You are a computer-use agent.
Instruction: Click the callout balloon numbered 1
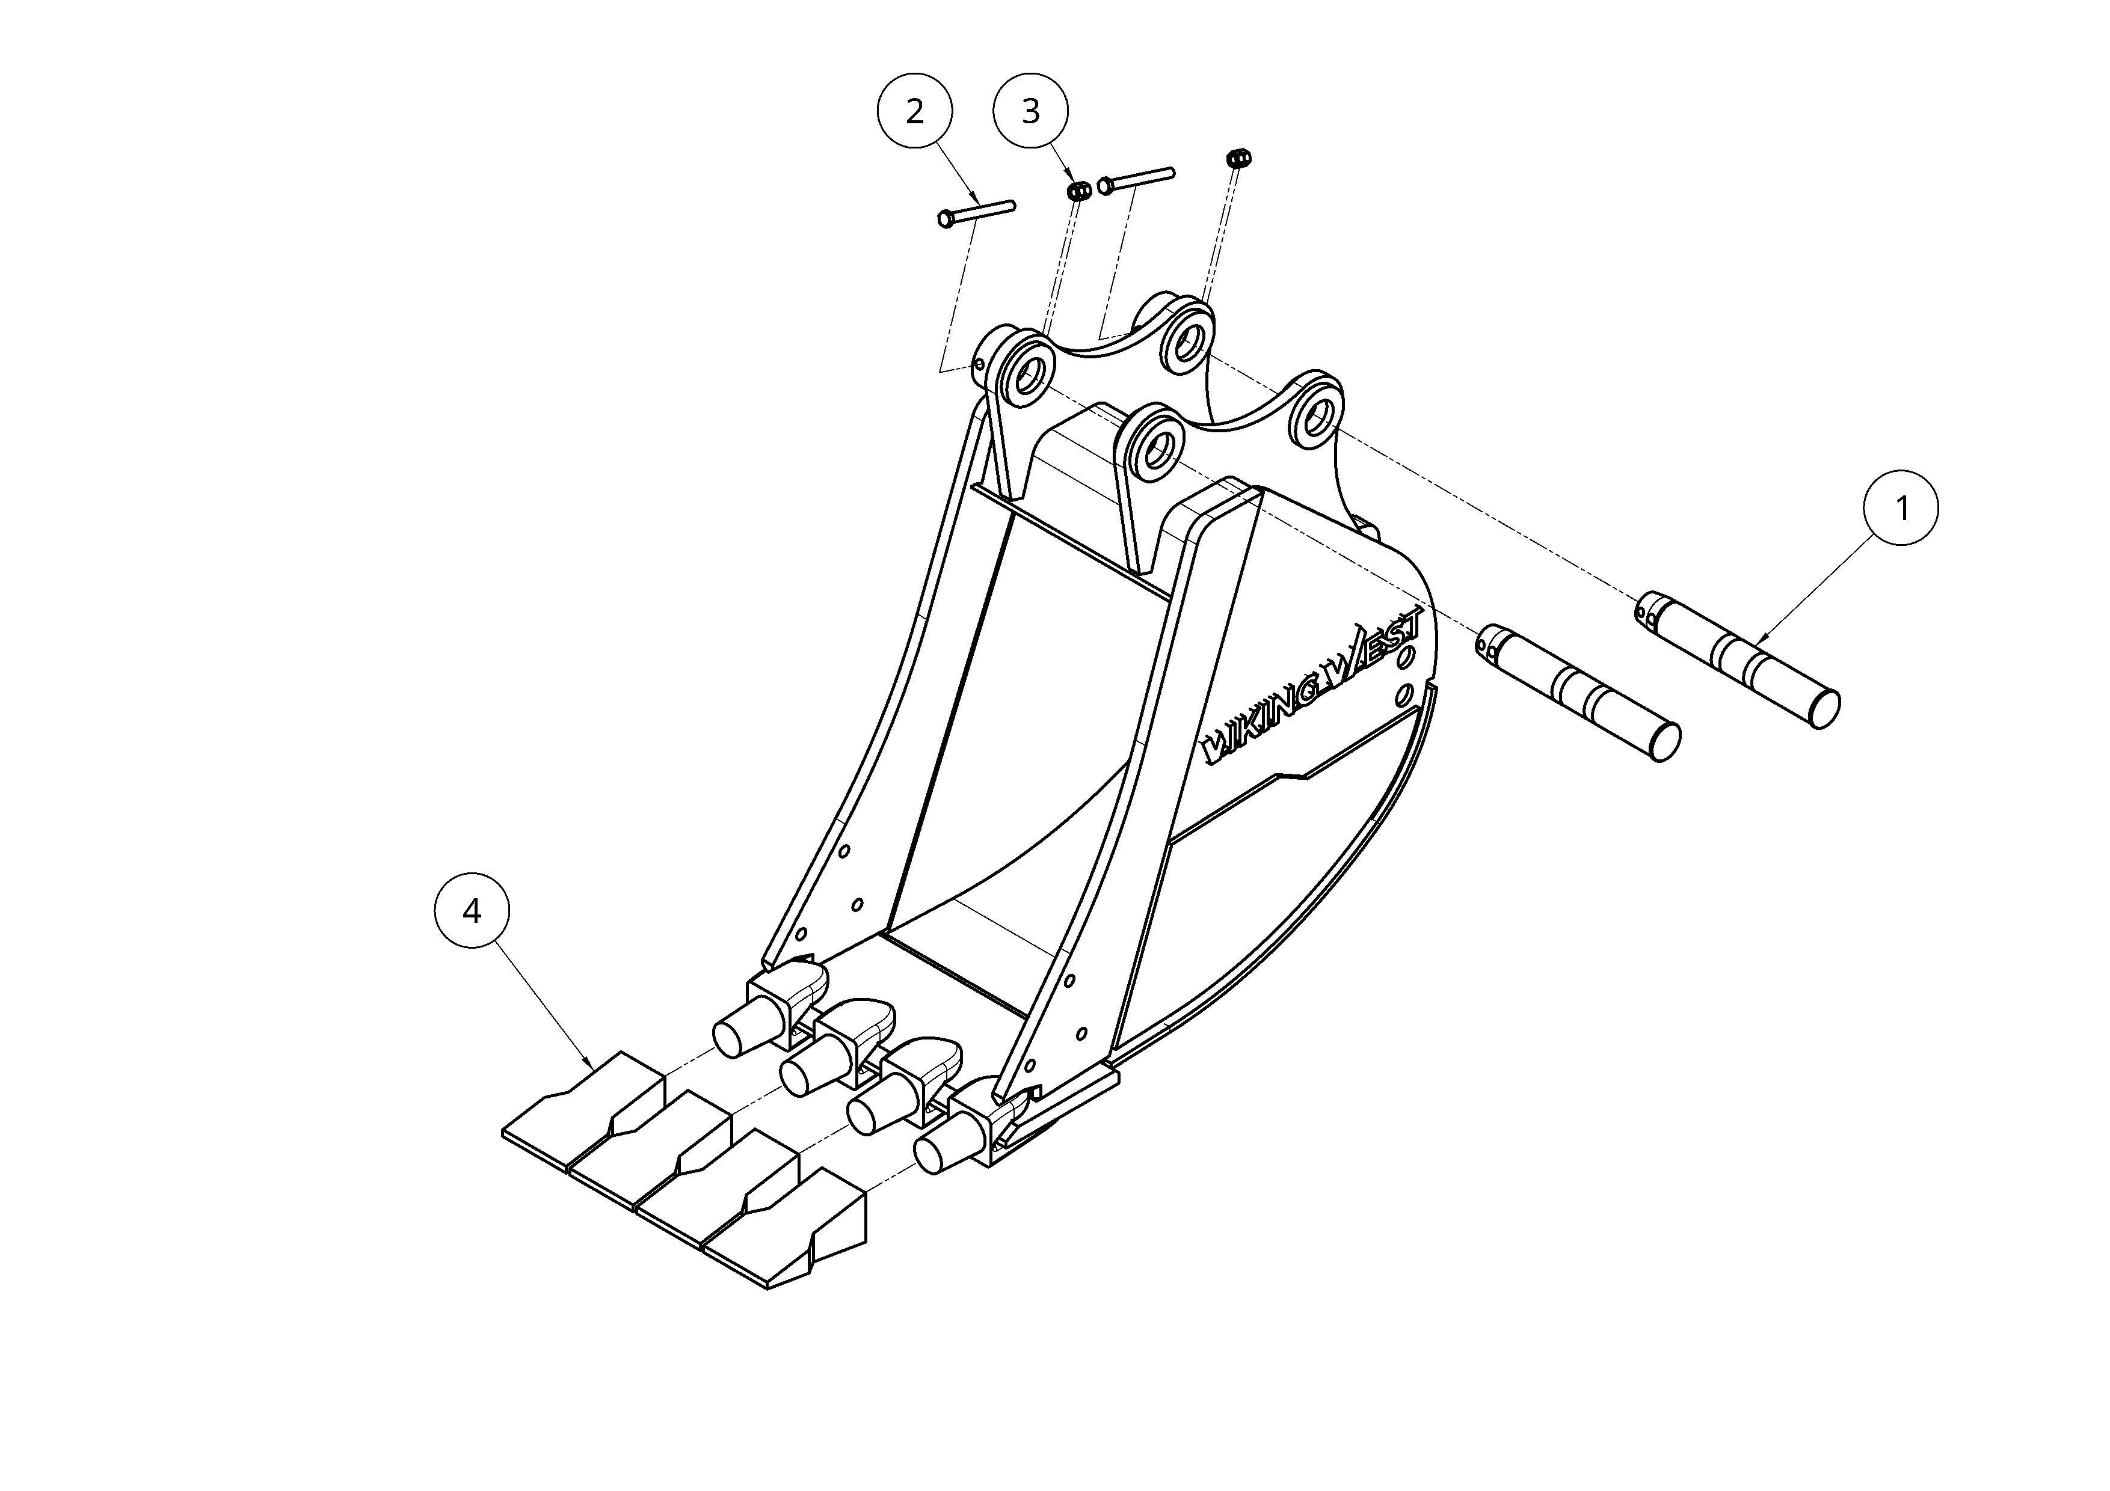point(1901,507)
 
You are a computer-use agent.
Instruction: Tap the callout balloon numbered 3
point(1031,111)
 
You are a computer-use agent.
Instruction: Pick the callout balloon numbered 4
point(472,911)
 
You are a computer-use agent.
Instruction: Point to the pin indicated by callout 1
point(1737,660)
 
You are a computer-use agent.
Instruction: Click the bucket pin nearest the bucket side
point(1578,694)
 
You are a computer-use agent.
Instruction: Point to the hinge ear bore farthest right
point(1318,415)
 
